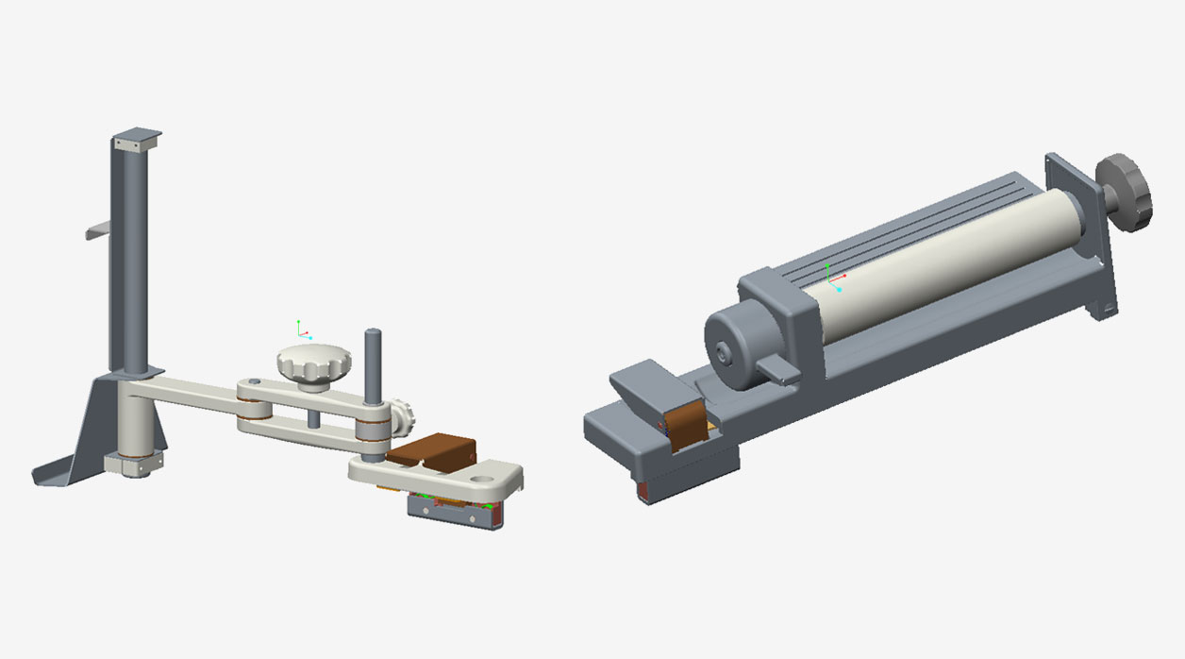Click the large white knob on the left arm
click(x=313, y=363)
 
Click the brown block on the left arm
click(x=431, y=450)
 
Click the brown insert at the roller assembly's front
click(x=683, y=425)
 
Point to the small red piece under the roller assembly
click(x=644, y=491)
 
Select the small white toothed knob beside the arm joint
click(x=406, y=415)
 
